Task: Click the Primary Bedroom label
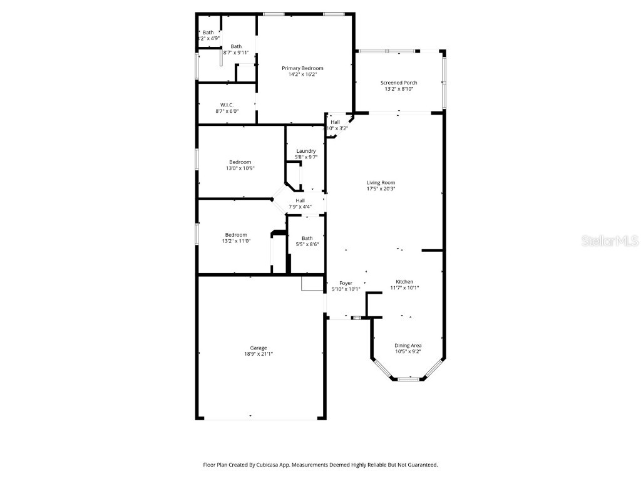[x=302, y=68]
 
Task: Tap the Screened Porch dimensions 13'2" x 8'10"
[x=399, y=89]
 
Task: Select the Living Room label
[x=381, y=182]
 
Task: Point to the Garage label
[x=259, y=348]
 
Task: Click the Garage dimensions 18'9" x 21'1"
[x=259, y=354]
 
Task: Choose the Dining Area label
[x=408, y=345]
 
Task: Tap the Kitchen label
[x=404, y=281]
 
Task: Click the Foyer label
[x=346, y=283]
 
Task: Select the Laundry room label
[x=306, y=151]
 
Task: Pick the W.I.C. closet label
[x=227, y=105]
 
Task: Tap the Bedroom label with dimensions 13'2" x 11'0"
[x=236, y=235]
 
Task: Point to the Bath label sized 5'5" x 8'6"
[x=307, y=238]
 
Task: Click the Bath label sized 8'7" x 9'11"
[x=236, y=46]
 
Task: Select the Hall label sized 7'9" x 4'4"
[x=300, y=200]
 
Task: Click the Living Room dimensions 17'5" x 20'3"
[x=381, y=189]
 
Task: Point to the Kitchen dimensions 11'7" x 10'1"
[x=404, y=288]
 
